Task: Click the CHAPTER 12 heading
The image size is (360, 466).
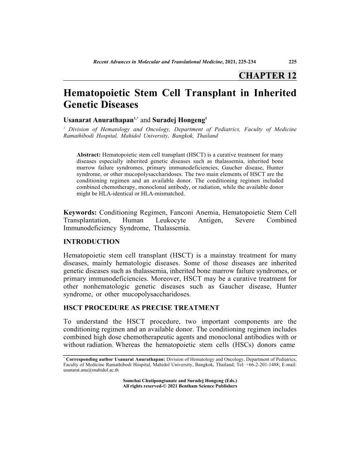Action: tap(267, 75)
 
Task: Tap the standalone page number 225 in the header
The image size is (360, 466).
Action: tap(292, 61)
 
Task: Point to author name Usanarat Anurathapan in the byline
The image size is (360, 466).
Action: tap(98, 120)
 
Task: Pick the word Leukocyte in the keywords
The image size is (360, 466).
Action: tap(171, 220)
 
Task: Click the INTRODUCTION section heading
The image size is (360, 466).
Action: tap(91, 242)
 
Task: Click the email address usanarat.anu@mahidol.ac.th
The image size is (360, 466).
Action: tap(91, 370)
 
